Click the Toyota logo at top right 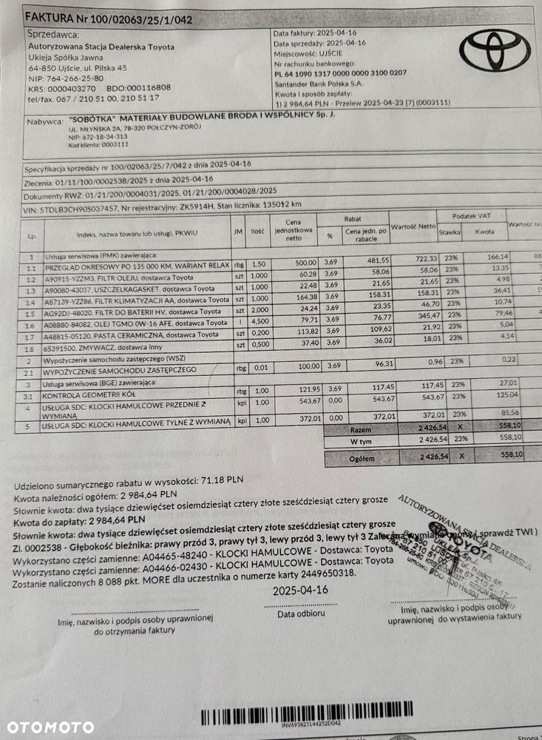pos(495,50)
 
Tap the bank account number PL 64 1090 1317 pos(340,73)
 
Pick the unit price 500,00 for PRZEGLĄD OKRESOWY pos(302,263)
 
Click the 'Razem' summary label pos(360,428)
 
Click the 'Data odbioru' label pos(300,613)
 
